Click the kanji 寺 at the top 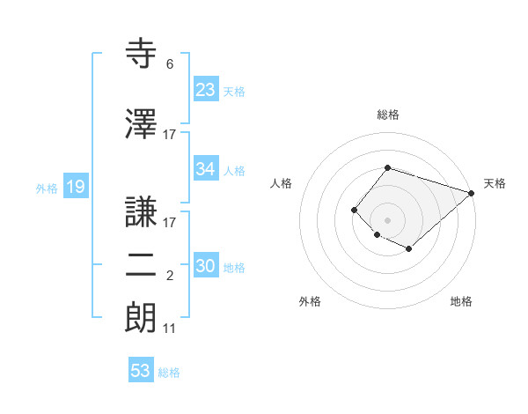click(x=142, y=54)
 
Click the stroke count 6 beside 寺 click(x=169, y=64)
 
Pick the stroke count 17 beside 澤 click(x=170, y=135)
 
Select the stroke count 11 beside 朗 click(x=169, y=329)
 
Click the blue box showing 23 click(x=205, y=89)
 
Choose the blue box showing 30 click(x=205, y=266)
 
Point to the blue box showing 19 click(x=75, y=186)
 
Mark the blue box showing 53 click(x=141, y=371)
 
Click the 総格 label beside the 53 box click(x=169, y=373)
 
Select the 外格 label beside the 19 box click(x=47, y=188)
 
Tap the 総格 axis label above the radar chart click(x=388, y=115)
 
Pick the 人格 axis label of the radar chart click(x=281, y=183)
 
